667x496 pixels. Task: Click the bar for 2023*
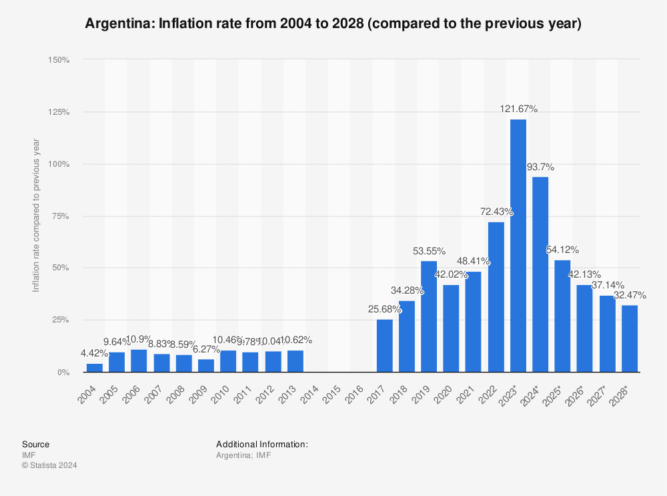tap(518, 246)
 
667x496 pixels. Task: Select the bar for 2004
tap(95, 368)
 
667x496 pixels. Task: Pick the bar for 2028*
tap(630, 338)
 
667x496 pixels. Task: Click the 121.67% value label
tap(519, 109)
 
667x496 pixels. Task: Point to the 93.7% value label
tap(540, 167)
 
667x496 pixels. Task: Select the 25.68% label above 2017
tap(384, 309)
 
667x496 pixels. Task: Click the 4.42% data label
tap(94, 353)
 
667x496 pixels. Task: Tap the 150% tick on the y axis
tap(59, 60)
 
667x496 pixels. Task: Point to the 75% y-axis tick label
tap(61, 216)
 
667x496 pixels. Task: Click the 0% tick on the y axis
tap(63, 372)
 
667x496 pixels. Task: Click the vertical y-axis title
tap(36, 215)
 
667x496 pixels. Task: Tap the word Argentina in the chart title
tap(115, 24)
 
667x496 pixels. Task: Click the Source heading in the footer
tap(35, 444)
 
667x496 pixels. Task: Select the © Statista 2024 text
tap(49, 465)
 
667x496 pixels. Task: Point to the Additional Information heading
tap(261, 444)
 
